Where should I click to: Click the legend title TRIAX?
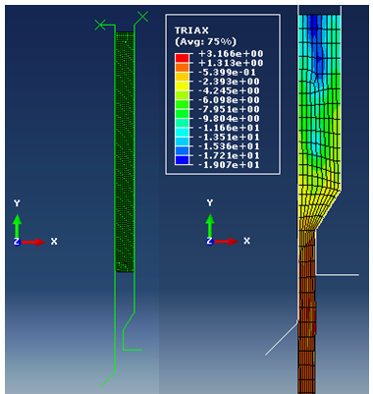pos(191,30)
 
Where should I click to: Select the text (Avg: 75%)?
pos(205,41)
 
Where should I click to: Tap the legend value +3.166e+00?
pos(231,53)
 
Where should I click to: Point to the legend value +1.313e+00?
pos(231,63)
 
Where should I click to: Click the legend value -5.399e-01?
pos(227,72)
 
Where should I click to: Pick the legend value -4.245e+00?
pos(229,90)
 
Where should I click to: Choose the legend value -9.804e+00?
pos(229,118)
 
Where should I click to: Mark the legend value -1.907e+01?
pos(229,164)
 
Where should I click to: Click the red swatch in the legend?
pos(182,58)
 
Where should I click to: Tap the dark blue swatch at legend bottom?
pos(182,160)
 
